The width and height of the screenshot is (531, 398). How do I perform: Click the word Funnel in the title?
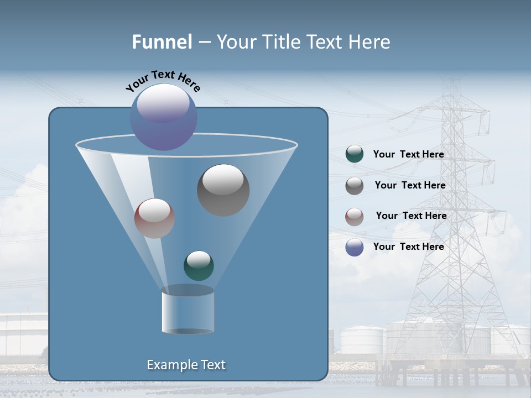pyautogui.click(x=162, y=42)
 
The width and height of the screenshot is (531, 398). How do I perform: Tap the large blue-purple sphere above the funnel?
pyautogui.click(x=163, y=117)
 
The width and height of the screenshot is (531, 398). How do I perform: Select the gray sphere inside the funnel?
pyautogui.click(x=223, y=190)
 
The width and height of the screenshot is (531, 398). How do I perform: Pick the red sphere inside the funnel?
pyautogui.click(x=154, y=218)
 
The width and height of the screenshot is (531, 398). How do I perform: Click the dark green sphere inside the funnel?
pyautogui.click(x=199, y=265)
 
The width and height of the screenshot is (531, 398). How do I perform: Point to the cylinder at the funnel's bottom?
pyautogui.click(x=188, y=311)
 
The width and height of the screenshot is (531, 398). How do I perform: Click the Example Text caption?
pyautogui.click(x=186, y=365)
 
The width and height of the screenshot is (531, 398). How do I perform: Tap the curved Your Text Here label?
pyautogui.click(x=163, y=81)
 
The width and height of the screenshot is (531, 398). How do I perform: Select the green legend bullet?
pyautogui.click(x=355, y=154)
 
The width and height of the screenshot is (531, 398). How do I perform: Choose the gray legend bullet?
pyautogui.click(x=355, y=186)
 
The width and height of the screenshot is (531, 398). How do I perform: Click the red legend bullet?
pyautogui.click(x=355, y=217)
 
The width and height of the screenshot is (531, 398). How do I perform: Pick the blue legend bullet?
pyautogui.click(x=355, y=247)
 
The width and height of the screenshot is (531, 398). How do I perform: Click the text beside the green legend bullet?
pyautogui.click(x=408, y=154)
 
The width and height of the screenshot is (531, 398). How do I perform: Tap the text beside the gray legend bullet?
pyautogui.click(x=410, y=185)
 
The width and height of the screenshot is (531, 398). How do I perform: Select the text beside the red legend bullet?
pyautogui.click(x=411, y=216)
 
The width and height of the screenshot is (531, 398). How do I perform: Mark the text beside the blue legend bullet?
pyautogui.click(x=408, y=247)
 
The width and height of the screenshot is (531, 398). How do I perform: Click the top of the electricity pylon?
pyautogui.click(x=453, y=83)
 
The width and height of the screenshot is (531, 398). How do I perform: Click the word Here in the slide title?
pyautogui.click(x=369, y=42)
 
